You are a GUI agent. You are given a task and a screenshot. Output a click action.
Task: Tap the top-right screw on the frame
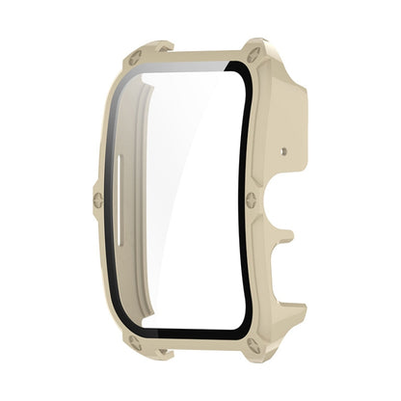pyautogui.click(x=253, y=47)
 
